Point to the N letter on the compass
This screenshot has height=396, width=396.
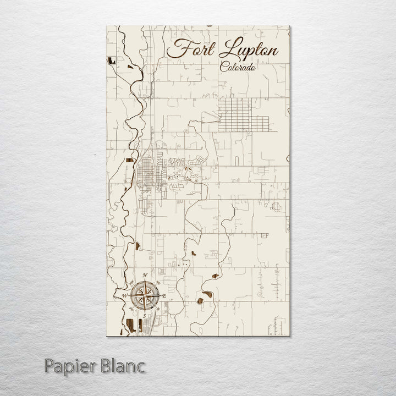pos(144,276)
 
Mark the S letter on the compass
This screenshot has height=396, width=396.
pos(144,317)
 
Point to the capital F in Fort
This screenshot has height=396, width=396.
pos(175,50)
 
